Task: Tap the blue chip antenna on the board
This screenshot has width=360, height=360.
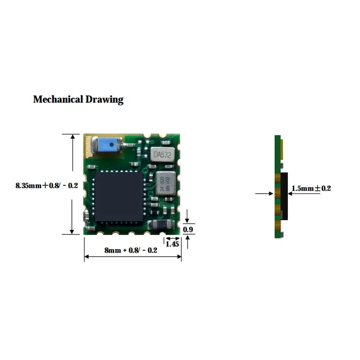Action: pos(107,144)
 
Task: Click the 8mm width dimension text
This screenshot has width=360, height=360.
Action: pos(131,250)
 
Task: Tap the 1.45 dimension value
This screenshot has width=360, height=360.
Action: pos(172,244)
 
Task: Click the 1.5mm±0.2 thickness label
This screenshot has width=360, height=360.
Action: pos(312,189)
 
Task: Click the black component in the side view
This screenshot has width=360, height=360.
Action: pos(285,196)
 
